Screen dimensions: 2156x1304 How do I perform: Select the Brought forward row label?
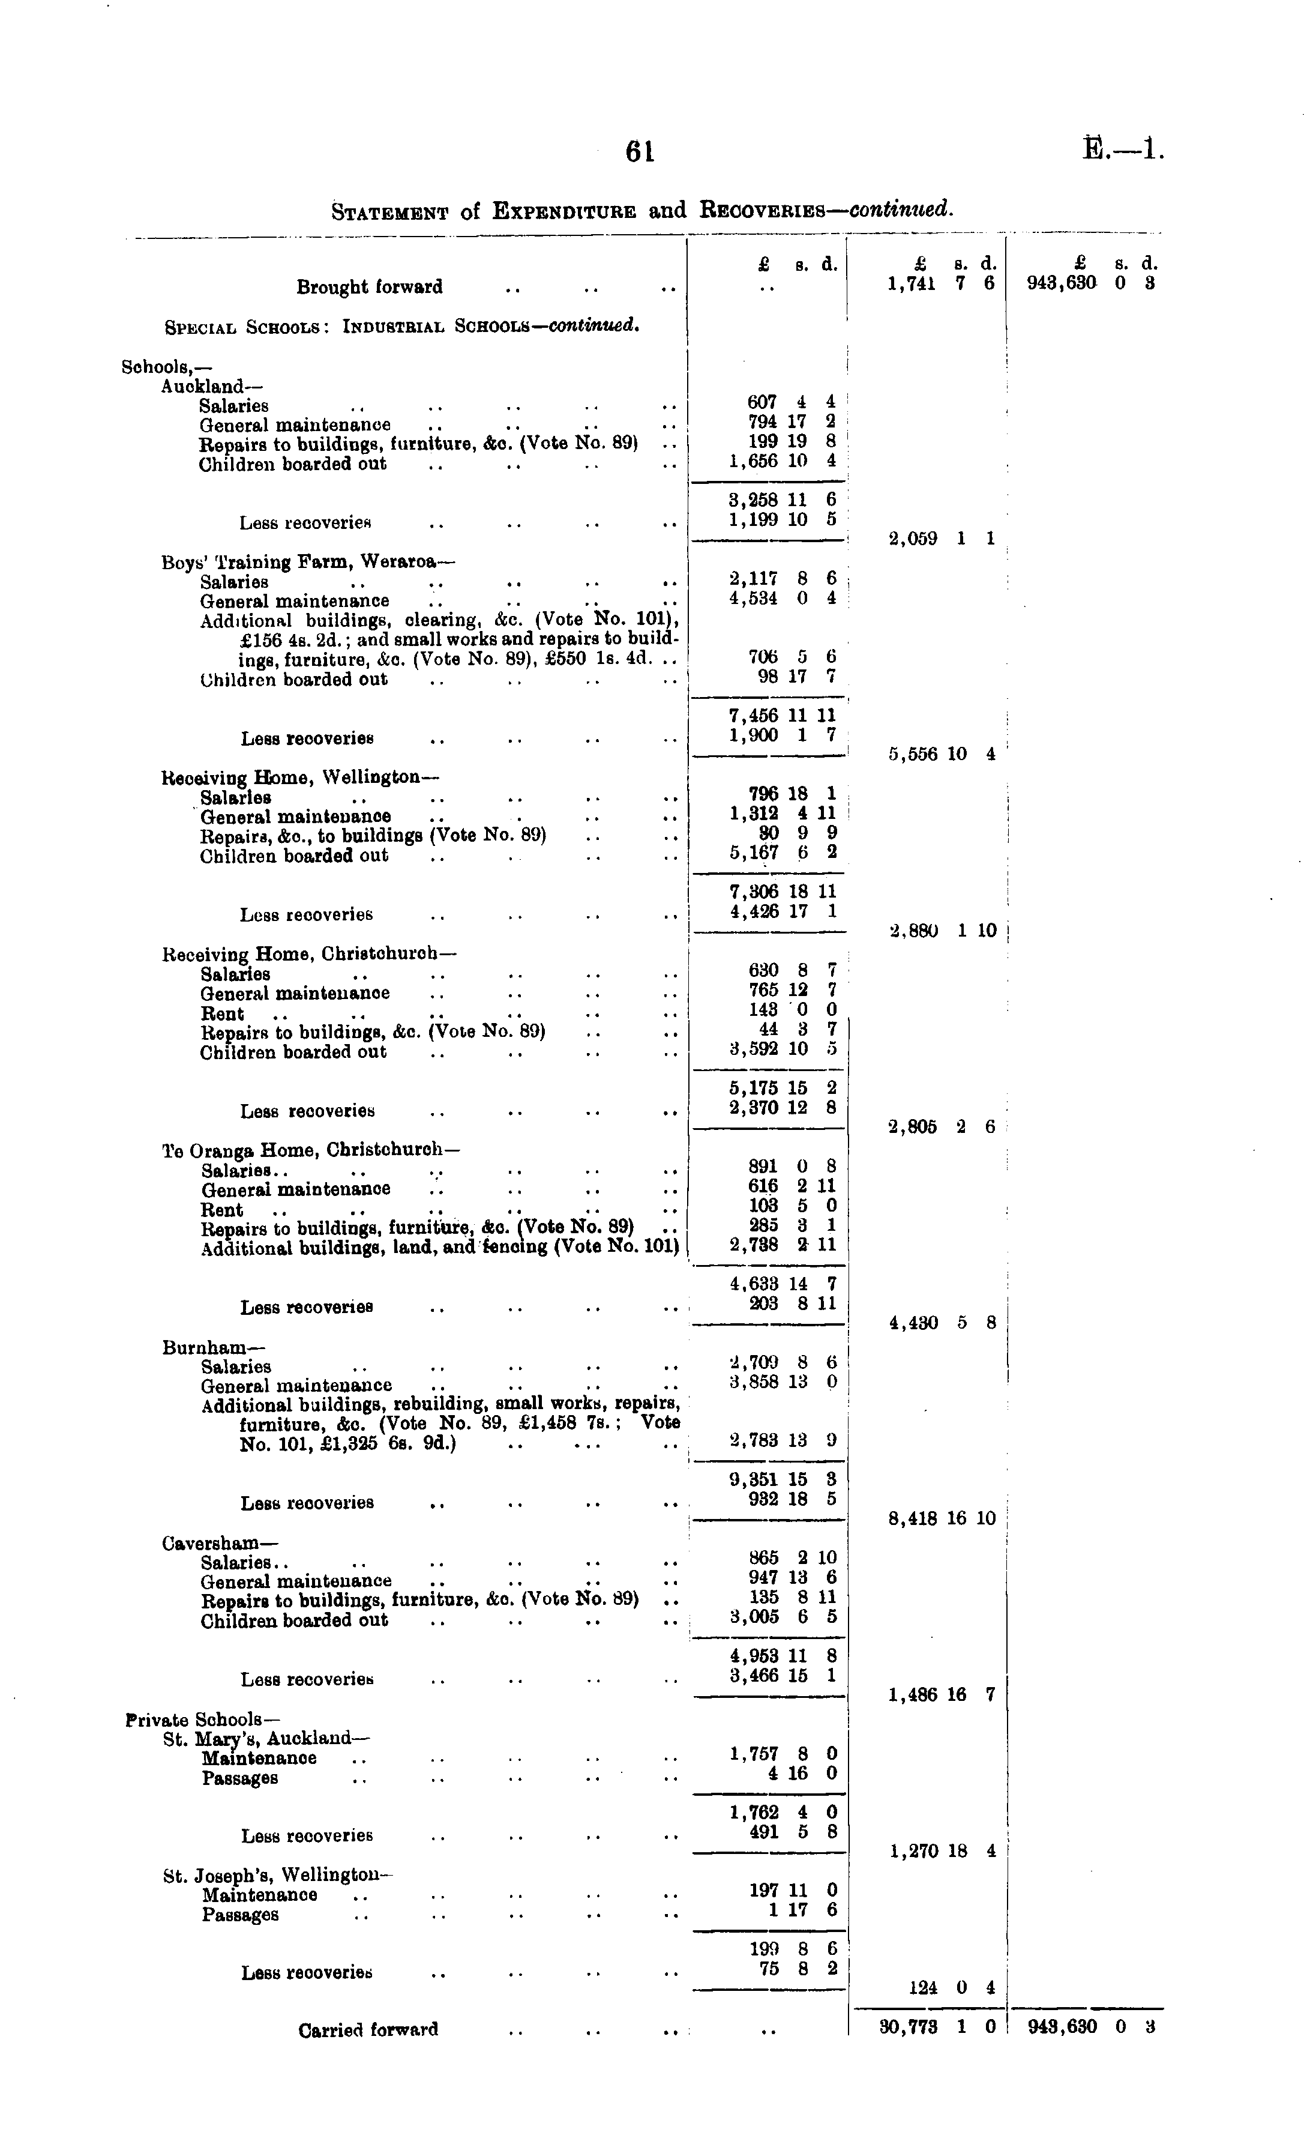(x=369, y=287)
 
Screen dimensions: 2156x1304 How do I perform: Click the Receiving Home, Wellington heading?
(x=300, y=777)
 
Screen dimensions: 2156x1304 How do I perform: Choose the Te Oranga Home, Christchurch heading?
(x=310, y=1149)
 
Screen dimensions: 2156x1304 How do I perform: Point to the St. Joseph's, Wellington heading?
(x=278, y=1876)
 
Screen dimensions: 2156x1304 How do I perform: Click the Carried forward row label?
(x=367, y=2029)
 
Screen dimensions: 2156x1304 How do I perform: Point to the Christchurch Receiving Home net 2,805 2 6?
(x=941, y=1127)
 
